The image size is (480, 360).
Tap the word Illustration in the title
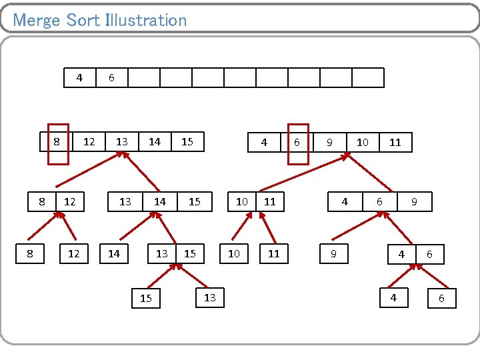tap(146, 20)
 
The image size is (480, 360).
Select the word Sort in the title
tap(83, 20)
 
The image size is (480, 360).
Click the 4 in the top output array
tap(79, 78)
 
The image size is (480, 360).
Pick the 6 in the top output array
tap(111, 78)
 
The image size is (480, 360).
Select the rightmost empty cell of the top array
tap(368, 78)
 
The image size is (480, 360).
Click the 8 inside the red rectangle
tap(57, 142)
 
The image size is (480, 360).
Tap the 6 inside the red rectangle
tap(297, 142)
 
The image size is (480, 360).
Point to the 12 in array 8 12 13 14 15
tap(89, 142)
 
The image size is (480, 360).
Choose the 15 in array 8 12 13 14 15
tap(187, 142)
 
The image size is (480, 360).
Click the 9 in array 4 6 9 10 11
tap(329, 142)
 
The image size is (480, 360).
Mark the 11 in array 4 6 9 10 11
tap(395, 142)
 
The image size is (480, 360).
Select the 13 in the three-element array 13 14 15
tap(125, 201)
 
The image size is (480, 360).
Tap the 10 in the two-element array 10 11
tap(242, 201)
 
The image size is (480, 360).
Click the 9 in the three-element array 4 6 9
tap(414, 201)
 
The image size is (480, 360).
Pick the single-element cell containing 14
tap(114, 254)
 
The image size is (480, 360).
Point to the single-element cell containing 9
tap(333, 254)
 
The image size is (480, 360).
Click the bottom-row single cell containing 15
tap(146, 299)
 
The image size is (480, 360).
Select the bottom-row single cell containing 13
tap(210, 297)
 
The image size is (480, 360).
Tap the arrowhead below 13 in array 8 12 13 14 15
tap(122, 155)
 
